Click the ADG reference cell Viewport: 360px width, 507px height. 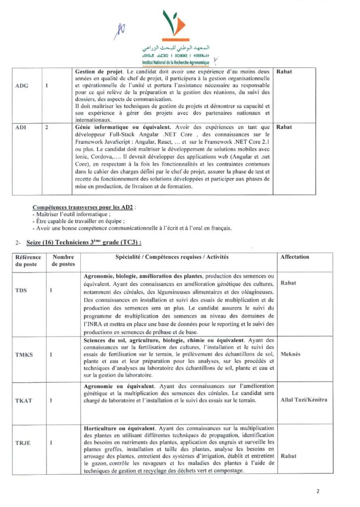coord(22,86)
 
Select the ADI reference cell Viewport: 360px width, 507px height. coord(21,127)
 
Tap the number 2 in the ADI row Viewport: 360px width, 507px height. coord(46,127)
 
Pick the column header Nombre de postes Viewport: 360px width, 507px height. coord(63,260)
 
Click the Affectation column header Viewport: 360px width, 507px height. coord(295,257)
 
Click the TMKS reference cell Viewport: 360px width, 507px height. coord(23,355)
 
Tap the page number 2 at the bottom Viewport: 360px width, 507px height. coord(318,493)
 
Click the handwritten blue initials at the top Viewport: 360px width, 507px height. coord(120,31)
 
